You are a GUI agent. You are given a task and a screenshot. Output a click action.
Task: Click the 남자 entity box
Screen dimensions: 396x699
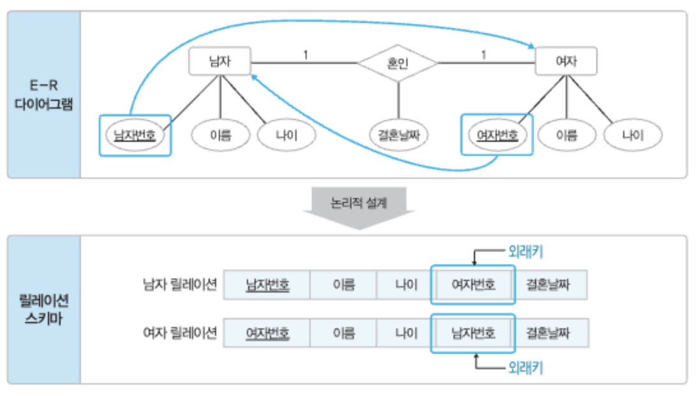[219, 62]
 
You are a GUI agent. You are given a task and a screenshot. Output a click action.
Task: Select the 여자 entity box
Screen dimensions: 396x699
[566, 62]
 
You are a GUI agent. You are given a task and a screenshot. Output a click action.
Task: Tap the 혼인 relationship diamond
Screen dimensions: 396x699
[397, 63]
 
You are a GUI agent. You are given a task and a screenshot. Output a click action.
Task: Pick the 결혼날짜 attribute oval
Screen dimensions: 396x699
[399, 135]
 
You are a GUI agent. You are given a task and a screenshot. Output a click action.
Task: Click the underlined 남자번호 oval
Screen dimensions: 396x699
[135, 135]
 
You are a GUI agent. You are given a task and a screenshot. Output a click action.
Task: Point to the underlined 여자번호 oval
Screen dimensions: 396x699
[496, 135]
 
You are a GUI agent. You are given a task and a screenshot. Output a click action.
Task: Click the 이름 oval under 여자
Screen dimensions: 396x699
[566, 135]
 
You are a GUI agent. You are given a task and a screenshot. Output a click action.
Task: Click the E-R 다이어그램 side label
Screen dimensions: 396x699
[44, 95]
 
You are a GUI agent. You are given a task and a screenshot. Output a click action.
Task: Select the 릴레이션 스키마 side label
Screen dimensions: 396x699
[44, 309]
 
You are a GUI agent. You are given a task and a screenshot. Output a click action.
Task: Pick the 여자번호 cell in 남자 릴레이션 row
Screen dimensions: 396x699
[473, 284]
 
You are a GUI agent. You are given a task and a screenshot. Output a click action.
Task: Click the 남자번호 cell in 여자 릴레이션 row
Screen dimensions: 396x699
[473, 333]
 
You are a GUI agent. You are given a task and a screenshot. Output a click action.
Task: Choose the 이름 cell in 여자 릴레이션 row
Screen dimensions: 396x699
[343, 333]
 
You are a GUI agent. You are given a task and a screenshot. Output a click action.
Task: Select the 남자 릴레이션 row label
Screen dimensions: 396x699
[180, 284]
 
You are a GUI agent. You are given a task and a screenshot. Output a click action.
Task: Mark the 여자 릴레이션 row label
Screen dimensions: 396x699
[180, 333]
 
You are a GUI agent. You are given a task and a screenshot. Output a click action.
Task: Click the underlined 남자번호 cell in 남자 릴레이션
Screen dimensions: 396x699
[267, 284]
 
